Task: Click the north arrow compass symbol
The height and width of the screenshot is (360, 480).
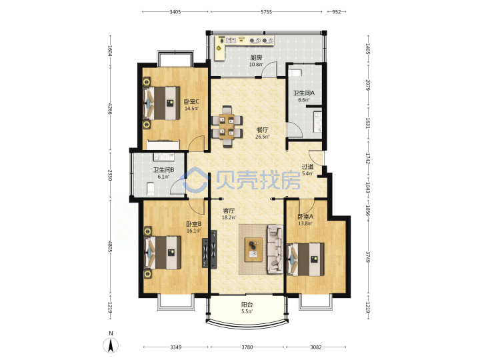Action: click(x=111, y=343)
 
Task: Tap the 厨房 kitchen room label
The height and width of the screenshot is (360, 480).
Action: click(x=256, y=57)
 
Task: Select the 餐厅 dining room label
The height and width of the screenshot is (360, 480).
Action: click(x=263, y=130)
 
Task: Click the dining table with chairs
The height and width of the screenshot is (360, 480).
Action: click(x=227, y=126)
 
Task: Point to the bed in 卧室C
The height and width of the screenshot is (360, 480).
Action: click(x=161, y=103)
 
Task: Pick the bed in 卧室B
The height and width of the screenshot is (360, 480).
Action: click(x=163, y=253)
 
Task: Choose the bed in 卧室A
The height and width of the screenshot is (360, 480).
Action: click(x=306, y=259)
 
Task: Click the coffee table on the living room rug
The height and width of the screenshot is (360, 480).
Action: click(x=253, y=249)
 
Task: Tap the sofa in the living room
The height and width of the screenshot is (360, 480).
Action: click(x=275, y=249)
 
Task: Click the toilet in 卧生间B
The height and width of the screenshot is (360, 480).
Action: click(x=151, y=189)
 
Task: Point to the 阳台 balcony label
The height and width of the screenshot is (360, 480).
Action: click(x=247, y=305)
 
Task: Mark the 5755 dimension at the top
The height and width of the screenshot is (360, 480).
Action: click(x=266, y=12)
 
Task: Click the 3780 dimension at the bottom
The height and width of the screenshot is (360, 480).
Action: click(x=247, y=347)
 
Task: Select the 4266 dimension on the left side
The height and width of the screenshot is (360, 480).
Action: click(x=110, y=109)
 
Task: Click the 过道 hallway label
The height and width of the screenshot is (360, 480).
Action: click(x=307, y=167)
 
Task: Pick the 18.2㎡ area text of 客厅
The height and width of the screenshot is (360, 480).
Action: click(x=229, y=217)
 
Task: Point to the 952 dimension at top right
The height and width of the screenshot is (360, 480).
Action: click(x=337, y=12)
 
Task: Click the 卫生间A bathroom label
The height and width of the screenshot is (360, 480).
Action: click(x=304, y=93)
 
